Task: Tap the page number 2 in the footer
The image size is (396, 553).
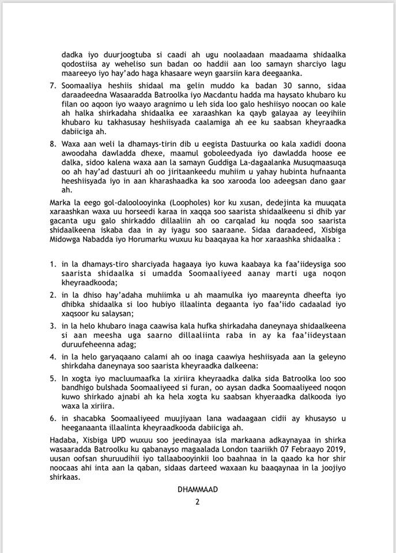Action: coord(198,502)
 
